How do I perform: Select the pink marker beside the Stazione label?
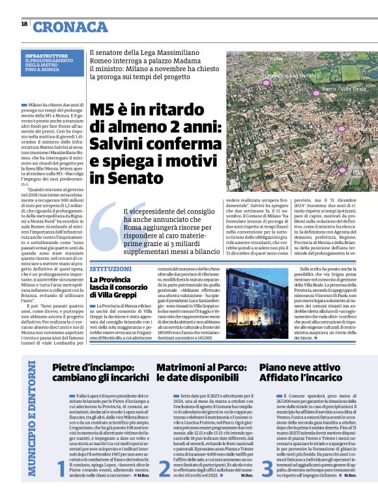tap(342, 169)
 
